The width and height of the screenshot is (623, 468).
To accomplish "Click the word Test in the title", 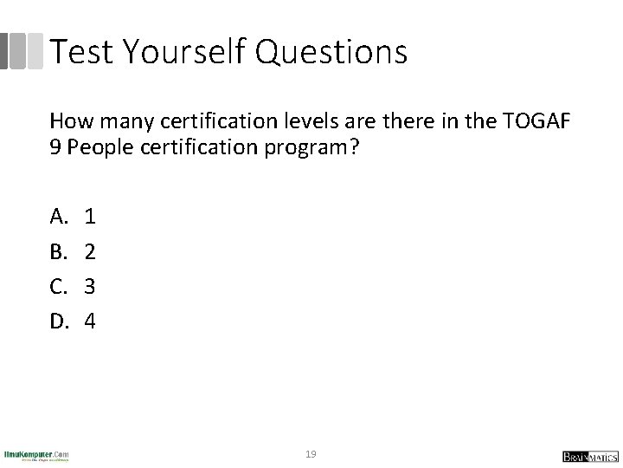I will (82, 52).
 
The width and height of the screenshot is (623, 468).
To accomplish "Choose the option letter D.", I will (59, 322).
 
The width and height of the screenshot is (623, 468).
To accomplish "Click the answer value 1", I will (89, 216).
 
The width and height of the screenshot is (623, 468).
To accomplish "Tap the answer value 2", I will (89, 251).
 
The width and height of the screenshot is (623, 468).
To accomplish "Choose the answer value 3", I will (89, 286).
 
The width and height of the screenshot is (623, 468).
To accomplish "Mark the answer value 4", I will (90, 322).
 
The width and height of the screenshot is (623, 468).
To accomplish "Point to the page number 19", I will (311, 454).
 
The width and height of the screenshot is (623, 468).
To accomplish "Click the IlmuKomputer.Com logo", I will (35, 456).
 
